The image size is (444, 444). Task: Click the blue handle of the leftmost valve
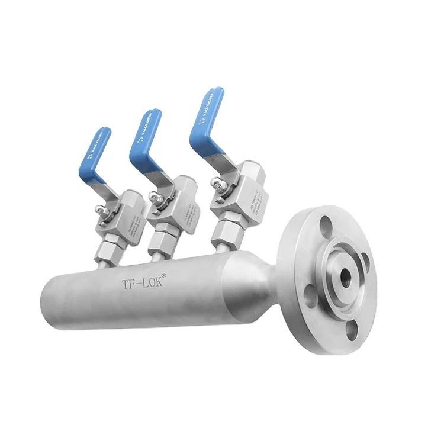click(95, 151)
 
